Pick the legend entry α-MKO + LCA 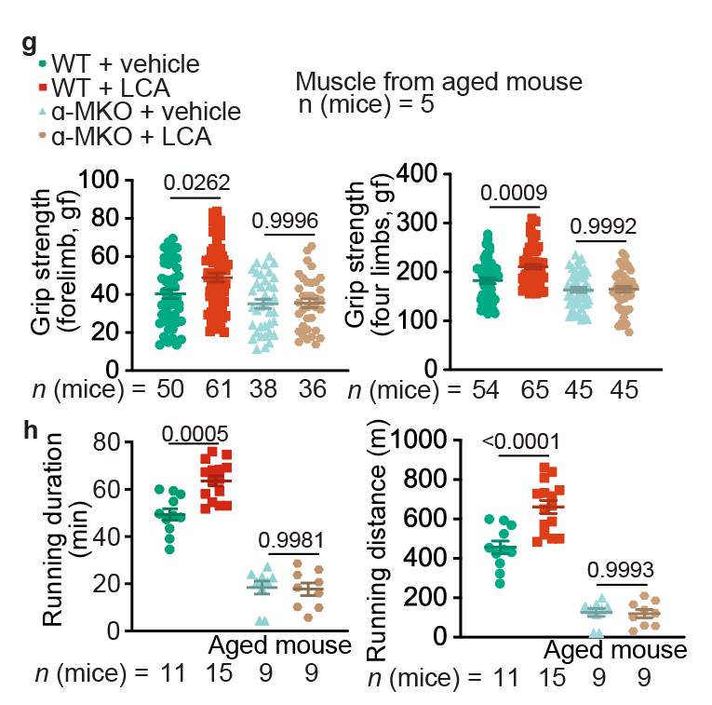pos(131,137)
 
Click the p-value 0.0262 pos(197,182)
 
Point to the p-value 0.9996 pos(286,220)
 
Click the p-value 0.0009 pos(514,193)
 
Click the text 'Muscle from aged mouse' pos(438,82)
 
